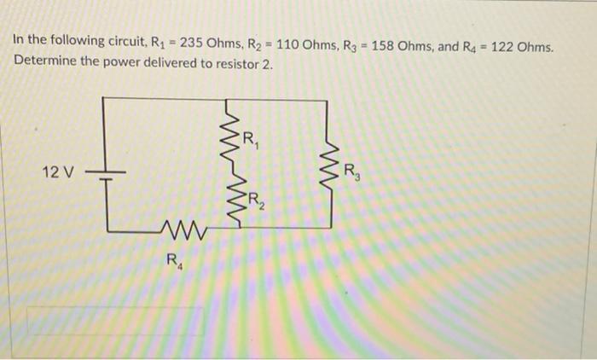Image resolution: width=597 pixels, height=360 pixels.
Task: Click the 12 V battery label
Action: [x=58, y=173]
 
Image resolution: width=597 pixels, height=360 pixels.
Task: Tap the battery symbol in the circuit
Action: [x=103, y=173]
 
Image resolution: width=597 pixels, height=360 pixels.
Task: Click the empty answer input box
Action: [x=115, y=320]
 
